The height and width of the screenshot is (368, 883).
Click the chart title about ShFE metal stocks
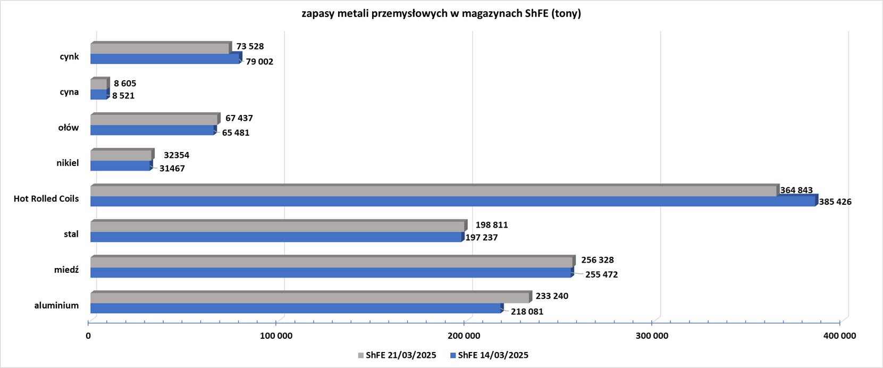pyautogui.click(x=441, y=14)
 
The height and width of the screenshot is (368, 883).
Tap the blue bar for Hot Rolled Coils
pyautogui.click(x=452, y=202)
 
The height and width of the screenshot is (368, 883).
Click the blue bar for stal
pyautogui.click(x=276, y=237)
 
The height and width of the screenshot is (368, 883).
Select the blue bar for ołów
pyautogui.click(x=152, y=130)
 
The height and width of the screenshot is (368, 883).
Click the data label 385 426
pyautogui.click(x=835, y=202)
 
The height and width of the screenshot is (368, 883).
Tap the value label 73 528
pyautogui.click(x=250, y=47)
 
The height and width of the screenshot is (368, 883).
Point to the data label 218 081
pyautogui.click(x=527, y=312)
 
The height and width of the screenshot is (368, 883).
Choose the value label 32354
pyautogui.click(x=176, y=156)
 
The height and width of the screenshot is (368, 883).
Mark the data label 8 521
pyautogui.click(x=123, y=96)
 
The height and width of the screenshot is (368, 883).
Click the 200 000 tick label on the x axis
pyautogui.click(x=464, y=336)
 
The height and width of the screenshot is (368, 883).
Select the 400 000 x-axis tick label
pyautogui.click(x=840, y=336)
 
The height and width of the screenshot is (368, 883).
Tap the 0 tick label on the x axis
pyautogui.click(x=88, y=336)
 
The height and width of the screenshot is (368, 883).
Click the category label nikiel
pyautogui.click(x=68, y=163)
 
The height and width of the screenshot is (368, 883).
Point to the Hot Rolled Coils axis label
pyautogui.click(x=46, y=199)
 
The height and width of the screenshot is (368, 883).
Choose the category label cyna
pyautogui.click(x=69, y=92)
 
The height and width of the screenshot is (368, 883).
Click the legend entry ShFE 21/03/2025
pyautogui.click(x=397, y=355)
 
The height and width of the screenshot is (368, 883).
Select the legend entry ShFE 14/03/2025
pyautogui.click(x=489, y=355)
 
